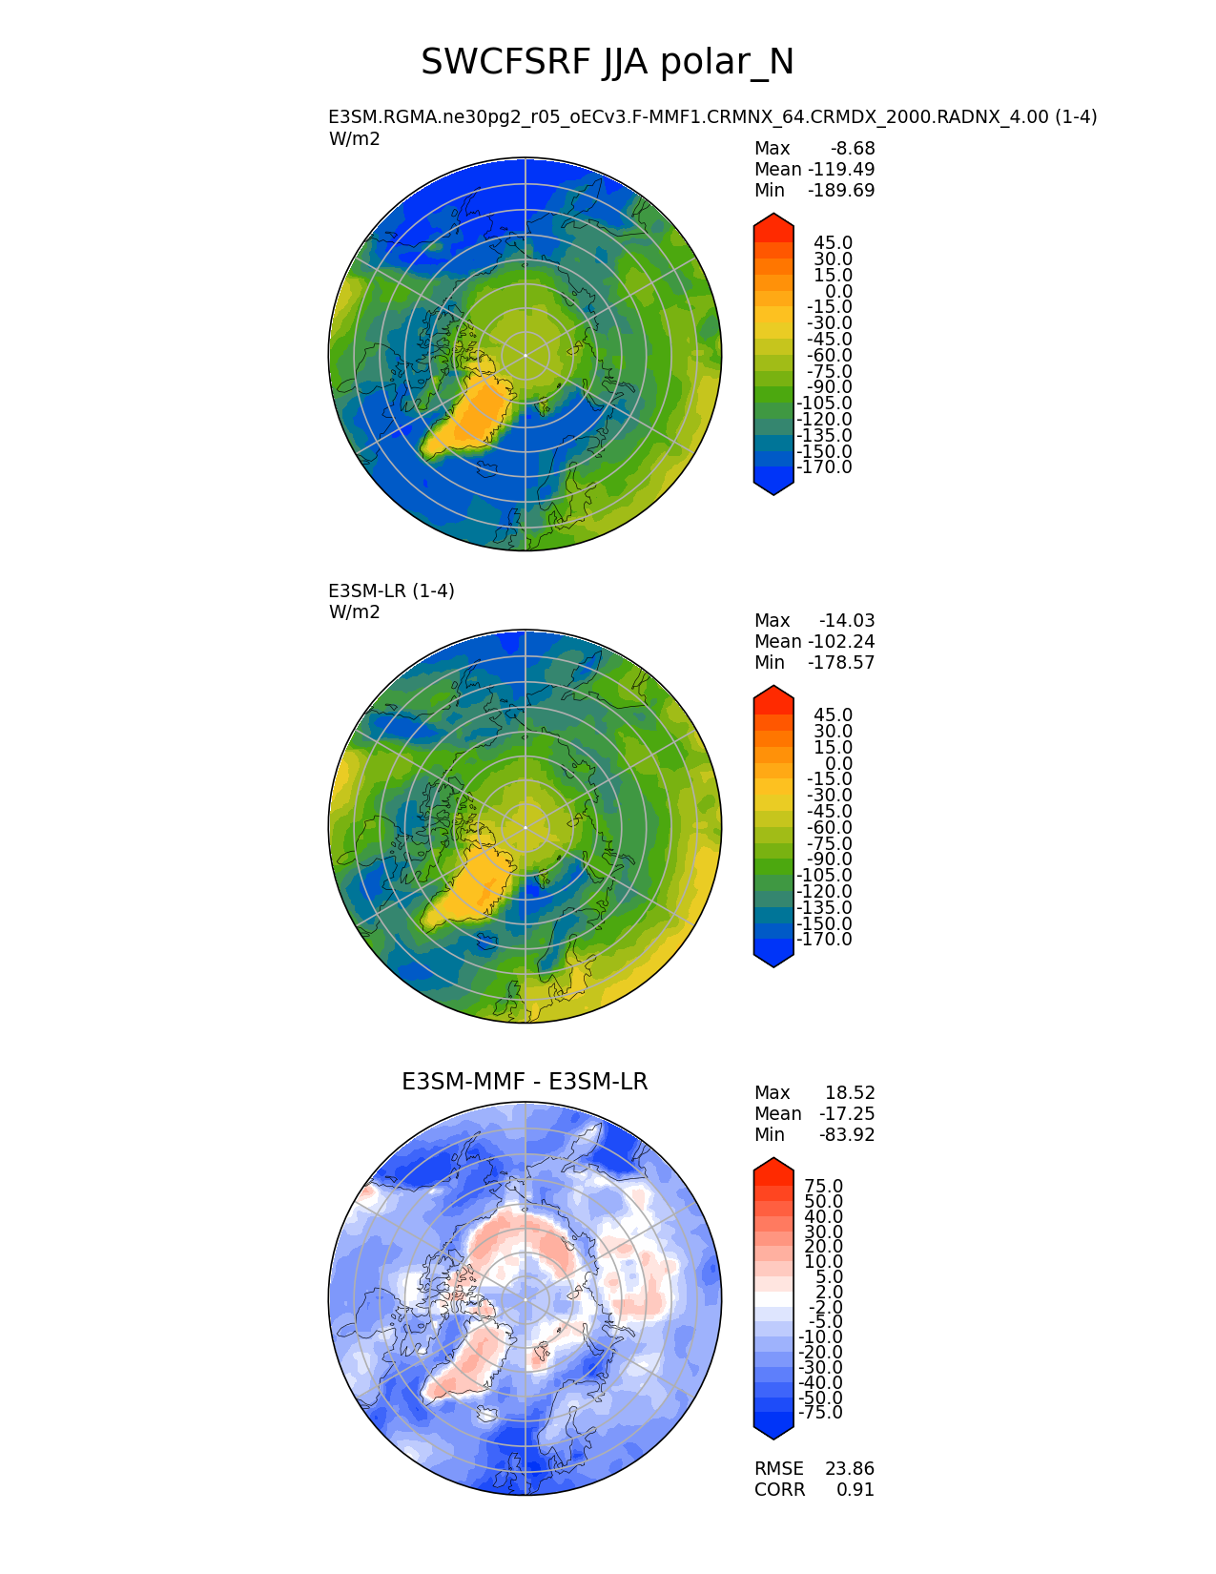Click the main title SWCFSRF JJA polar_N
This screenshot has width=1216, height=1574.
608,63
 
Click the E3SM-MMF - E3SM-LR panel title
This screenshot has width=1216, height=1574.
525,1082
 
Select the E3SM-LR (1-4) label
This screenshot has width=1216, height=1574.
391,591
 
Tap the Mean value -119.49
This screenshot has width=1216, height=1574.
841,170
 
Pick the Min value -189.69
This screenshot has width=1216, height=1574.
841,191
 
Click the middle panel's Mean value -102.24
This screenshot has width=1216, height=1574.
841,642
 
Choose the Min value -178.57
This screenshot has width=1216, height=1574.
841,663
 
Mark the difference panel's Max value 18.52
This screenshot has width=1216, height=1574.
850,1093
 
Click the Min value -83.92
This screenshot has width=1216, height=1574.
847,1135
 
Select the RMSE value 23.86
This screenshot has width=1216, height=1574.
850,1469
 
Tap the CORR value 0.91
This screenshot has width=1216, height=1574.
855,1490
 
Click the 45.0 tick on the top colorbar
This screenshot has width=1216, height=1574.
833,243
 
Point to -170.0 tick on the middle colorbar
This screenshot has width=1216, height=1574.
824,940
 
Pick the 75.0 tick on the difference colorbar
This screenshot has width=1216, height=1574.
824,1187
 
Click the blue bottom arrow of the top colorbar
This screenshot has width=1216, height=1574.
773,486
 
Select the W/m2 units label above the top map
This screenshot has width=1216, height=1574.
355,139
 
